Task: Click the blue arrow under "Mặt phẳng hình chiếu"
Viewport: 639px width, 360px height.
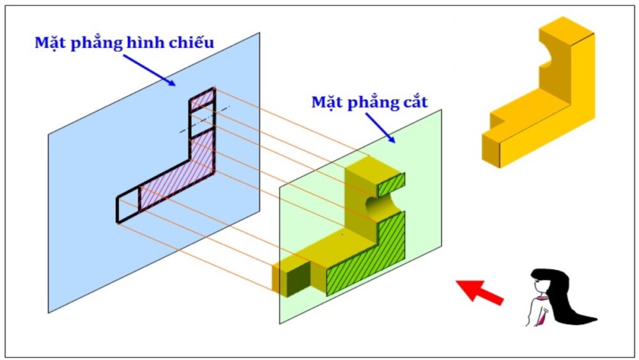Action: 150,70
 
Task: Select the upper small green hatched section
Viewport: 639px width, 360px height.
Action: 391,185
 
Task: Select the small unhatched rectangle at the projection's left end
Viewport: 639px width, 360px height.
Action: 128,207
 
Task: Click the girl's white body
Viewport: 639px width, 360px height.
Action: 535,311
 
